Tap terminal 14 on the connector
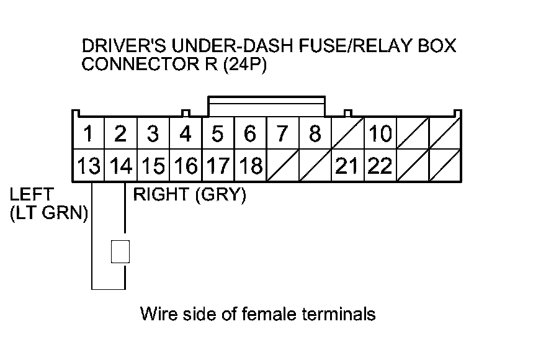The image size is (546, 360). click(121, 166)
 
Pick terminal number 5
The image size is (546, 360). click(218, 134)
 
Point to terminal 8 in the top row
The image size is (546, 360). click(315, 134)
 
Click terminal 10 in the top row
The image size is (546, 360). click(380, 134)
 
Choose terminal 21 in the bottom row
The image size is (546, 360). click(347, 166)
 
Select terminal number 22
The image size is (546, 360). click(380, 166)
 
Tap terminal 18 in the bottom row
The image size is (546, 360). click(250, 166)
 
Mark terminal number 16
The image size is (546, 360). click(186, 166)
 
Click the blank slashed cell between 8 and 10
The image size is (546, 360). click(347, 134)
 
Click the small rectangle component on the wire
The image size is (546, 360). click(120, 252)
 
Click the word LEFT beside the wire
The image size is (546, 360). click(32, 195)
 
